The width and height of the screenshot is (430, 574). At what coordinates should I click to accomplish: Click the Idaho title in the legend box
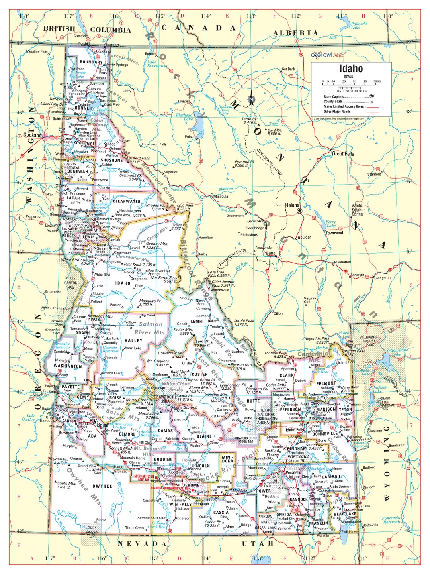(x=351, y=69)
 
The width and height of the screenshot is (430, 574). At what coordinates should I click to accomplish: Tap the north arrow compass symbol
(x=251, y=100)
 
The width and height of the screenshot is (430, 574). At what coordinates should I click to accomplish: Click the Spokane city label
(x=32, y=135)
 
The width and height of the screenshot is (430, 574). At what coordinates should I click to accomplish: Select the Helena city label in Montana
(x=292, y=205)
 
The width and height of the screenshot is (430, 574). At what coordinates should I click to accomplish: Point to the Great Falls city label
(x=343, y=153)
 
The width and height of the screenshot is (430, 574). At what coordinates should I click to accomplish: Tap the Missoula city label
(x=221, y=197)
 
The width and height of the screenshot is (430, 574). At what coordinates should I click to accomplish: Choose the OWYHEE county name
(x=102, y=486)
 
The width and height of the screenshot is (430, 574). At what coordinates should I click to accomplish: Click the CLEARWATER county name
(x=127, y=202)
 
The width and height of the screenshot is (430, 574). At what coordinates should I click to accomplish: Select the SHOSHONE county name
(x=111, y=160)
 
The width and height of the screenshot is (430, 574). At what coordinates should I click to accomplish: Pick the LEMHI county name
(x=197, y=321)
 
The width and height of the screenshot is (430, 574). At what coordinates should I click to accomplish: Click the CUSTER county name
(x=199, y=374)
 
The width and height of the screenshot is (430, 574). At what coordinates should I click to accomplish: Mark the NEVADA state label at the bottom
(x=142, y=544)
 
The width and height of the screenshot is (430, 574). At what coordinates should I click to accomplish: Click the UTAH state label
(x=258, y=543)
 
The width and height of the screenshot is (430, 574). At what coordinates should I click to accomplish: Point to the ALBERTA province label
(x=295, y=33)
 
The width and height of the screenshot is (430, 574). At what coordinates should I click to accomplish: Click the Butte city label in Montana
(x=271, y=253)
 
